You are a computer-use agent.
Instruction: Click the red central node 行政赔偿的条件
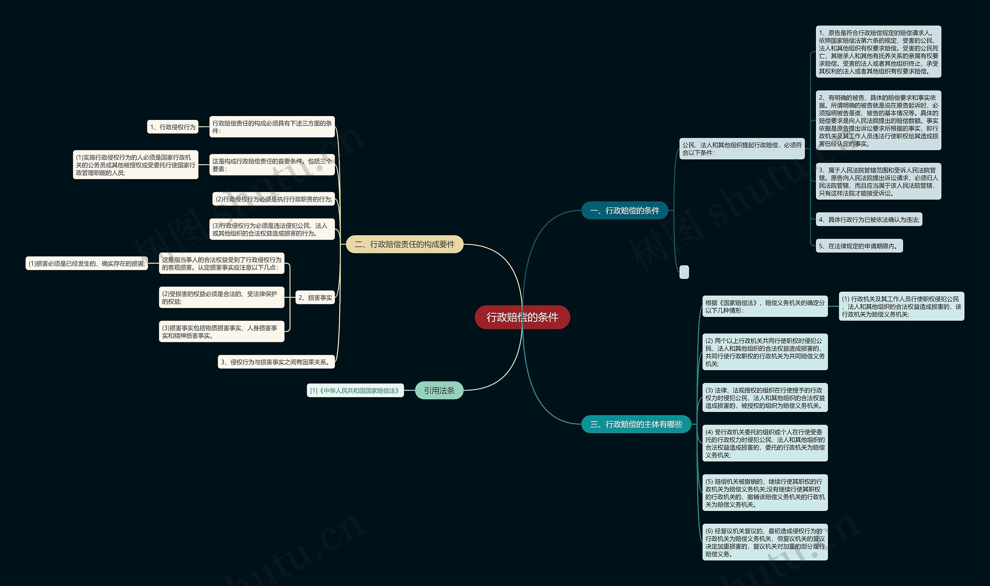[x=522, y=317]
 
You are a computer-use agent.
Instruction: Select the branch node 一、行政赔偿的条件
[x=625, y=210]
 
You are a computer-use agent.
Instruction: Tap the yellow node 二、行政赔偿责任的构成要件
[x=404, y=244]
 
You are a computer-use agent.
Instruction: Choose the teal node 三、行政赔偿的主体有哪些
[x=636, y=424]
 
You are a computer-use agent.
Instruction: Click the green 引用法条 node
[x=439, y=391]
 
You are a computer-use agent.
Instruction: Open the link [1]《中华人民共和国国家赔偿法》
[x=355, y=391]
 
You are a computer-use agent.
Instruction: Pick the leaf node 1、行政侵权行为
[x=172, y=127]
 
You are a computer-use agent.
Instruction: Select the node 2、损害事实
[x=315, y=298]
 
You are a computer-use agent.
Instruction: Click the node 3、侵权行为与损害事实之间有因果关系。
[x=276, y=362]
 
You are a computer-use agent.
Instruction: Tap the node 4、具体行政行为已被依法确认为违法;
[x=869, y=220]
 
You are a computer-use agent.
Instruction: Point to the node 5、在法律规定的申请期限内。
[x=859, y=246]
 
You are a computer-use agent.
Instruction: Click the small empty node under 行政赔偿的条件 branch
[x=684, y=272]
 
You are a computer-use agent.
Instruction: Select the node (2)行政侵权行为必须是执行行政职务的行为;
[x=273, y=199]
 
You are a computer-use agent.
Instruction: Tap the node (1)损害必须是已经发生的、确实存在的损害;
[x=87, y=263]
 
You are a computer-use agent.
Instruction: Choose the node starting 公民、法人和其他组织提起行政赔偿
[x=742, y=149]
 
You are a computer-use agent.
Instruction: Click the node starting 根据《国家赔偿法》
[x=765, y=306]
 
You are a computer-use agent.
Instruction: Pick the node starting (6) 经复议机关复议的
[x=765, y=542]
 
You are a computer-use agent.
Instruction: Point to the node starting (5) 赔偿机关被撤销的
[x=765, y=493]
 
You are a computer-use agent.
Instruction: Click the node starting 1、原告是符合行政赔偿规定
[x=878, y=52]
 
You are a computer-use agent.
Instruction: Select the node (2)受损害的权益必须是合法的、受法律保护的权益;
[x=221, y=297]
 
